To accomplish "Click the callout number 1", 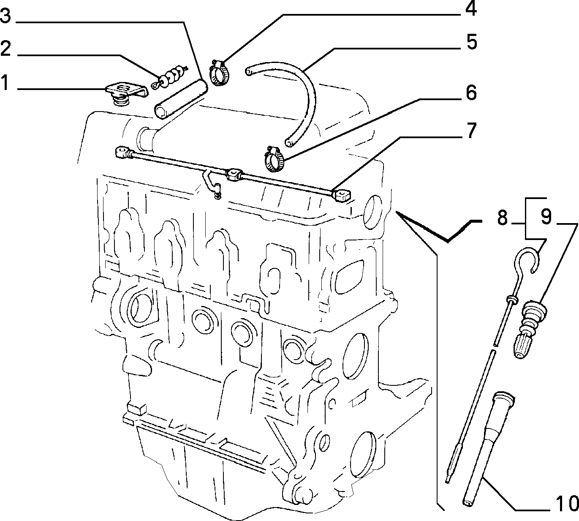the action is (x=5, y=82).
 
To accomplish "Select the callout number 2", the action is (x=5, y=49).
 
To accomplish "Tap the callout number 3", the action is (x=5, y=16).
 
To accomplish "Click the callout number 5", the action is (x=472, y=41).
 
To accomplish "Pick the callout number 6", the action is (x=471, y=93).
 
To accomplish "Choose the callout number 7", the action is (x=471, y=131).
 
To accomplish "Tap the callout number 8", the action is (x=502, y=217).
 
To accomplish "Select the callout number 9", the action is (x=546, y=216).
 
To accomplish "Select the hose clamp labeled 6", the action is (x=274, y=159).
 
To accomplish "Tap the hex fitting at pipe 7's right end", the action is (x=342, y=195).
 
